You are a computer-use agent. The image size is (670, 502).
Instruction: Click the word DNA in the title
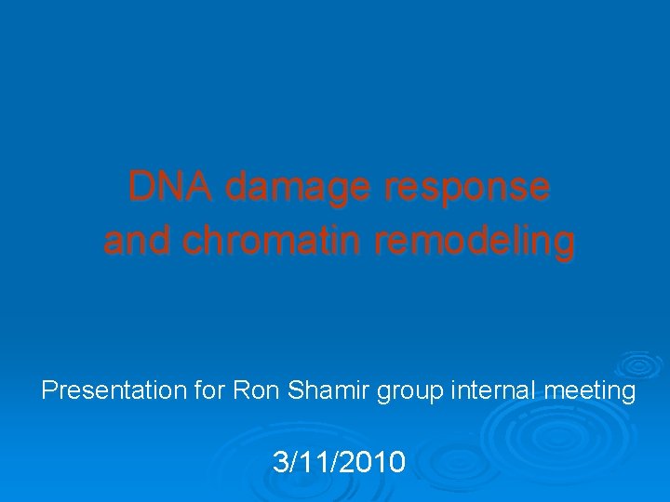pyautogui.click(x=170, y=187)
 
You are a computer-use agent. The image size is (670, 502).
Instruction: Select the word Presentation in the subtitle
pyautogui.click(x=114, y=390)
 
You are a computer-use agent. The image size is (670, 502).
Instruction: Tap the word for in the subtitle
pyautogui.click(x=209, y=390)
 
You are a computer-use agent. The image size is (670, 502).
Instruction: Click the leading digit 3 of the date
pyautogui.click(x=280, y=461)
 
